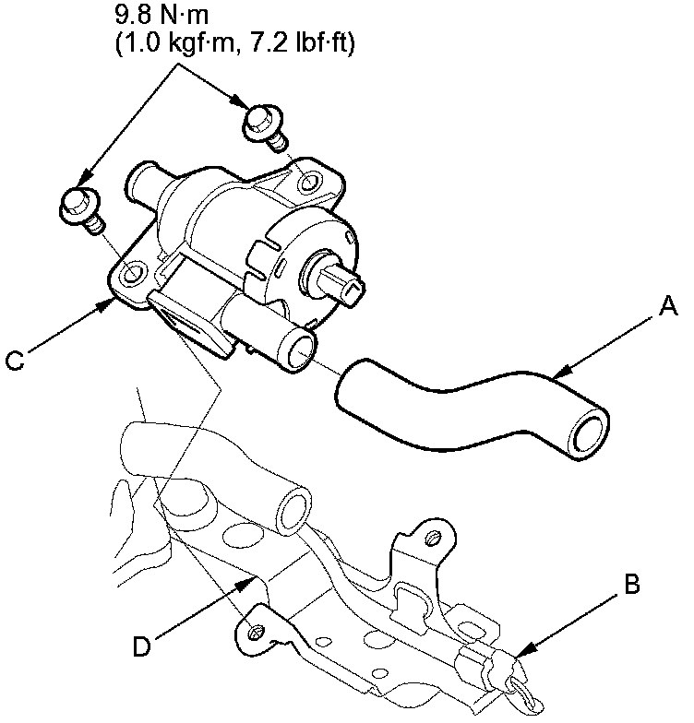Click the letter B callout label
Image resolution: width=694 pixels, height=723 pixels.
point(632,584)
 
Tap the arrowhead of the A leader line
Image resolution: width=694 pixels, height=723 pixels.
point(554,377)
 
